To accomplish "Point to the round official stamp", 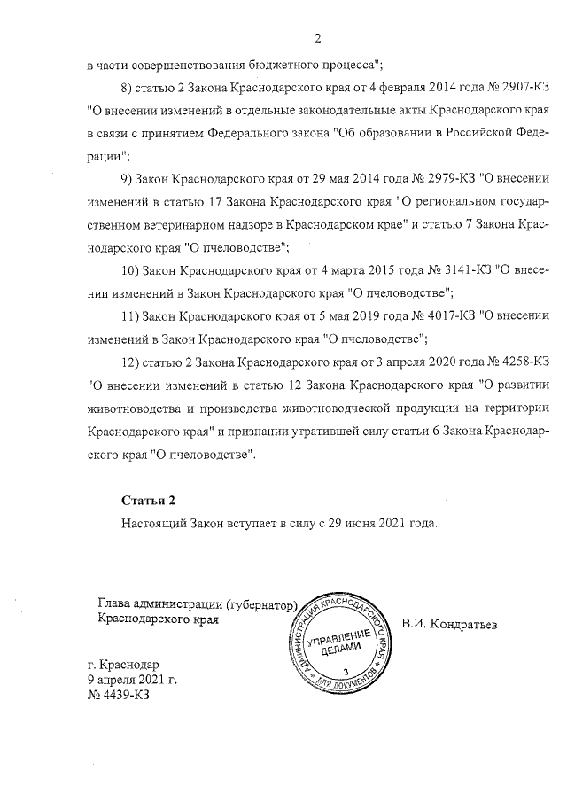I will point(336,645).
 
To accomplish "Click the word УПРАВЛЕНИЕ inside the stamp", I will point(338,640).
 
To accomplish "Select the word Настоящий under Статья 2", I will point(152,524).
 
